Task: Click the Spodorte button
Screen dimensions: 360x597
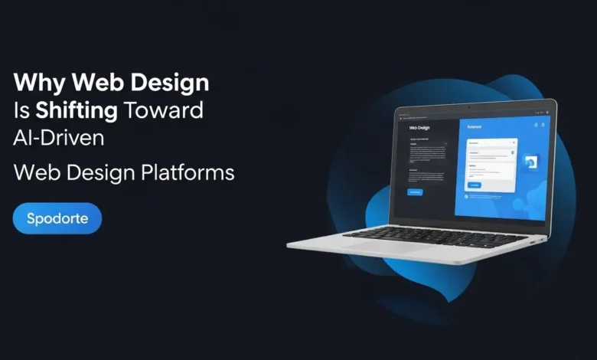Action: tap(57, 218)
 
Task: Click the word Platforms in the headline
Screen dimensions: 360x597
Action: tap(188, 173)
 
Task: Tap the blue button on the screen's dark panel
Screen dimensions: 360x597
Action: tap(414, 191)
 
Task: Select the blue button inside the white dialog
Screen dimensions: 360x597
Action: tap(475, 185)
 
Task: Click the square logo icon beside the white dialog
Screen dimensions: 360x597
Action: tap(532, 162)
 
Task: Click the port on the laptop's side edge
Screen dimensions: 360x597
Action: tap(533, 243)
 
